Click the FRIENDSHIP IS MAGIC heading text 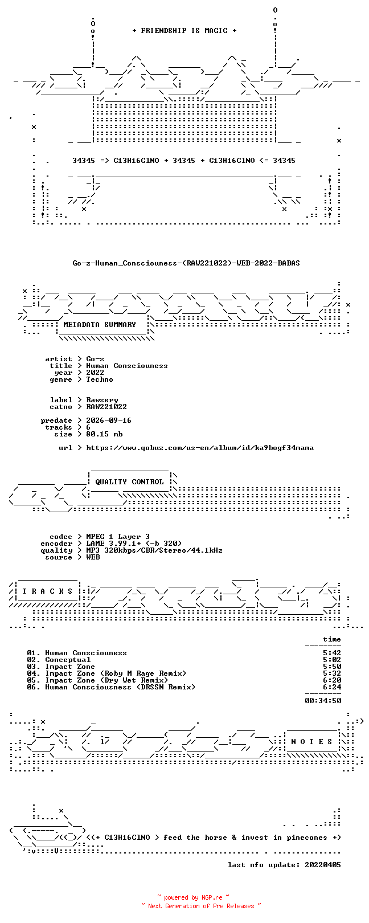pos(184,31)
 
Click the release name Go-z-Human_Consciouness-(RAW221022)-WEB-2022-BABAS pos(186,263)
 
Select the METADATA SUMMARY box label pos(100,325)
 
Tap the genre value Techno pos(100,379)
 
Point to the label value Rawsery pos(102,400)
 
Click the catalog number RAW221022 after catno pos(106,407)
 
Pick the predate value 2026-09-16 pos(109,420)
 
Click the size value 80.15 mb pos(104,434)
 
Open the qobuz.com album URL pos(200,448)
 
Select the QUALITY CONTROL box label pos(129,482)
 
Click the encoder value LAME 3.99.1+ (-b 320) pos(134,544)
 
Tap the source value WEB pos(93,557)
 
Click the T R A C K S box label pos(47,591)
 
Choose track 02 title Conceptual pos(68,660)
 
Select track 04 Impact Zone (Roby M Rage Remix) pos(116,673)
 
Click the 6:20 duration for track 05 pos(332,680)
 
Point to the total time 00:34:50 pos(323,700)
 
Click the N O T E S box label pos(311,742)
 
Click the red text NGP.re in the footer pos(212,897)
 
